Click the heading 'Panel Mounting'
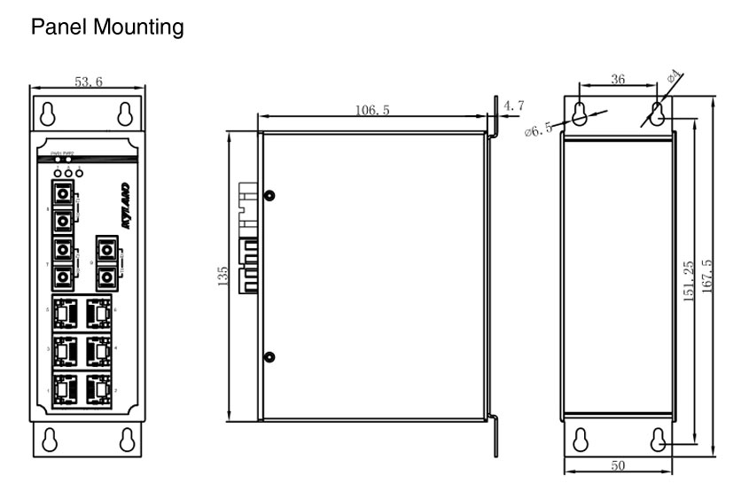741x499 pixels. click(x=107, y=28)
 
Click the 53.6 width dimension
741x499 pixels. click(x=89, y=82)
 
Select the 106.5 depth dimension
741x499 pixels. click(x=373, y=111)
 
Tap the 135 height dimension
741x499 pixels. click(x=222, y=276)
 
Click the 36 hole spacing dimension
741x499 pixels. click(x=619, y=80)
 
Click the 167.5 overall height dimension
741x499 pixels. click(x=707, y=280)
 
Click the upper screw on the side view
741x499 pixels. click(x=269, y=196)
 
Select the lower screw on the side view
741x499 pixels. click(x=269, y=357)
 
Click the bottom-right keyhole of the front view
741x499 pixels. click(x=128, y=439)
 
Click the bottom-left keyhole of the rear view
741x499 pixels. click(x=581, y=439)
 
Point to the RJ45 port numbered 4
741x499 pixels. click(x=98, y=350)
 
